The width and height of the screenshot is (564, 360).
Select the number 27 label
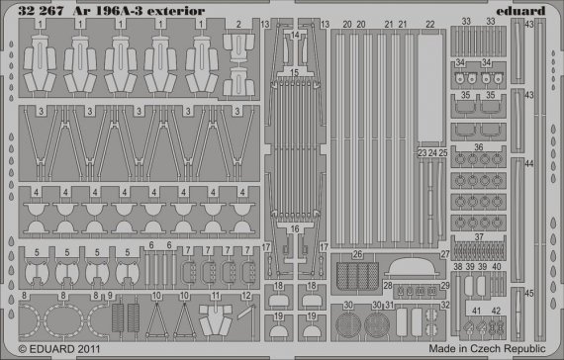coord(444,254)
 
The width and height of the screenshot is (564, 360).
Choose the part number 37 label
coord(480,237)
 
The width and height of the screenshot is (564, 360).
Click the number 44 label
coord(529,164)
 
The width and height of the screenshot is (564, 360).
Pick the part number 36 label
coord(479,148)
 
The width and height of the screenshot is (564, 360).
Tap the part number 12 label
coord(243,296)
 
